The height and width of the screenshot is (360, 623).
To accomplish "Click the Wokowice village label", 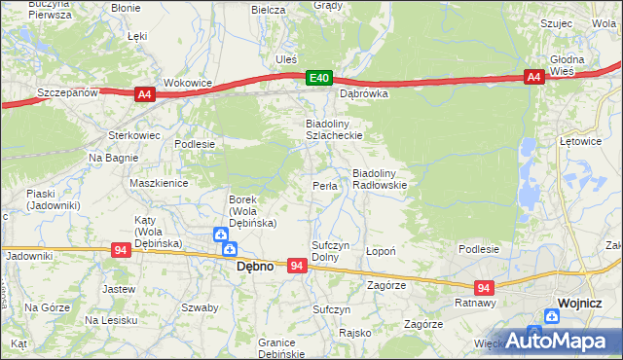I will pos(188,84).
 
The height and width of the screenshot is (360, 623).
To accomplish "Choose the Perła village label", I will pos(324,186).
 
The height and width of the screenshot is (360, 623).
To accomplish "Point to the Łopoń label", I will pos(380,250).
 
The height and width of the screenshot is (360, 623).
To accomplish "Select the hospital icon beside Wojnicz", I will pos(552,315).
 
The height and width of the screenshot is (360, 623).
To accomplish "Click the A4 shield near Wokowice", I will pos(144,93).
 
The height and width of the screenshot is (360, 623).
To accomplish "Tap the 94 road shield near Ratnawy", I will pos(484,287).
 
